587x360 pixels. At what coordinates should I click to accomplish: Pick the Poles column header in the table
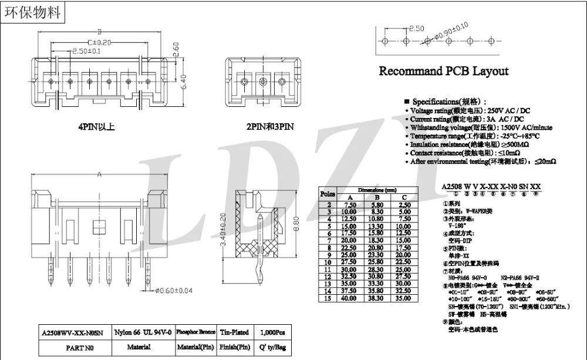(x=328, y=194)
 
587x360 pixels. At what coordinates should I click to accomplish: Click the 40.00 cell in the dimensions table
(x=350, y=298)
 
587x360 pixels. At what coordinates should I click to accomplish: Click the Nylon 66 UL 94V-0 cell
(x=143, y=332)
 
